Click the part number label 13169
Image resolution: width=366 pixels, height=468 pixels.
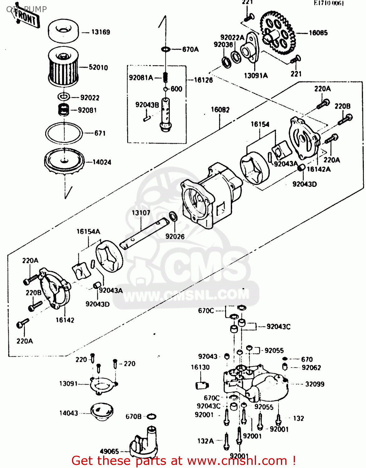coord(100,32)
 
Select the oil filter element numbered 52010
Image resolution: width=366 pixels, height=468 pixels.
coord(63,66)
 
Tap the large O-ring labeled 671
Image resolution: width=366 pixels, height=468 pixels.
coord(64,133)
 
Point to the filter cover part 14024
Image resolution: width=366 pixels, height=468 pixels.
coord(64,162)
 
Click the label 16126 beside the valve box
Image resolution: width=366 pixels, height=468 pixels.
coord(203,80)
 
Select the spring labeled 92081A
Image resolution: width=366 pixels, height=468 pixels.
coord(166,77)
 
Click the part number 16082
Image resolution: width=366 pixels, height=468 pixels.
coord(220,110)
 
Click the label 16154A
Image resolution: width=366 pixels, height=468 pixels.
coord(88,232)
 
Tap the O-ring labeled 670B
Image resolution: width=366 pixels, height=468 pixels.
coord(151,417)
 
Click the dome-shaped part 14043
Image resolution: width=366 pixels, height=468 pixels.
coord(102,412)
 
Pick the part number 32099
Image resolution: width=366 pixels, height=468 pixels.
coord(315,384)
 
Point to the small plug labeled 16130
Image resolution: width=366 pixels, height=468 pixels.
coord(202,385)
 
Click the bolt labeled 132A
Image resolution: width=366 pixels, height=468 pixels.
coord(227,441)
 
